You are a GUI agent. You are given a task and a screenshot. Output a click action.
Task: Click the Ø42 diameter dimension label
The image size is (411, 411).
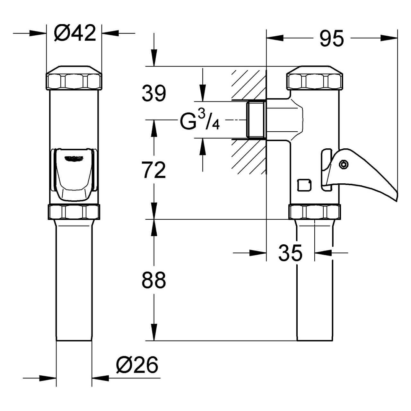pos(75,33)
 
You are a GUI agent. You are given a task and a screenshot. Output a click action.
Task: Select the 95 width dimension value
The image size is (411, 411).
pos(332,39)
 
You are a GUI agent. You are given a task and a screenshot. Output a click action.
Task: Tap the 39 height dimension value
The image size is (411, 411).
pos(154,93)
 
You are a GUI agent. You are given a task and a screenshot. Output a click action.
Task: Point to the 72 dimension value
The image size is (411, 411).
pos(154,170)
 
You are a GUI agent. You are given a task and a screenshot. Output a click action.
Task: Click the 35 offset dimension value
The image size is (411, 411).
pos(290,253)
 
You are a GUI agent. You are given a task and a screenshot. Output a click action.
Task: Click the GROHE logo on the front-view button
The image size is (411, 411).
pos(74,158)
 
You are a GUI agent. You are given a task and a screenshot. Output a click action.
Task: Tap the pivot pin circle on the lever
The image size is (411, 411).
pos(344,164)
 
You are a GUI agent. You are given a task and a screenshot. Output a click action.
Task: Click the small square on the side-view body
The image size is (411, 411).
pos(304,185)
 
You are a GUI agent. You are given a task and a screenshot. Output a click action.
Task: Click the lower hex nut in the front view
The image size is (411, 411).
pos(74,212)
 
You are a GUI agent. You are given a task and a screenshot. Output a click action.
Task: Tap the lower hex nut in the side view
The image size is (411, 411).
pos(315,212)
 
